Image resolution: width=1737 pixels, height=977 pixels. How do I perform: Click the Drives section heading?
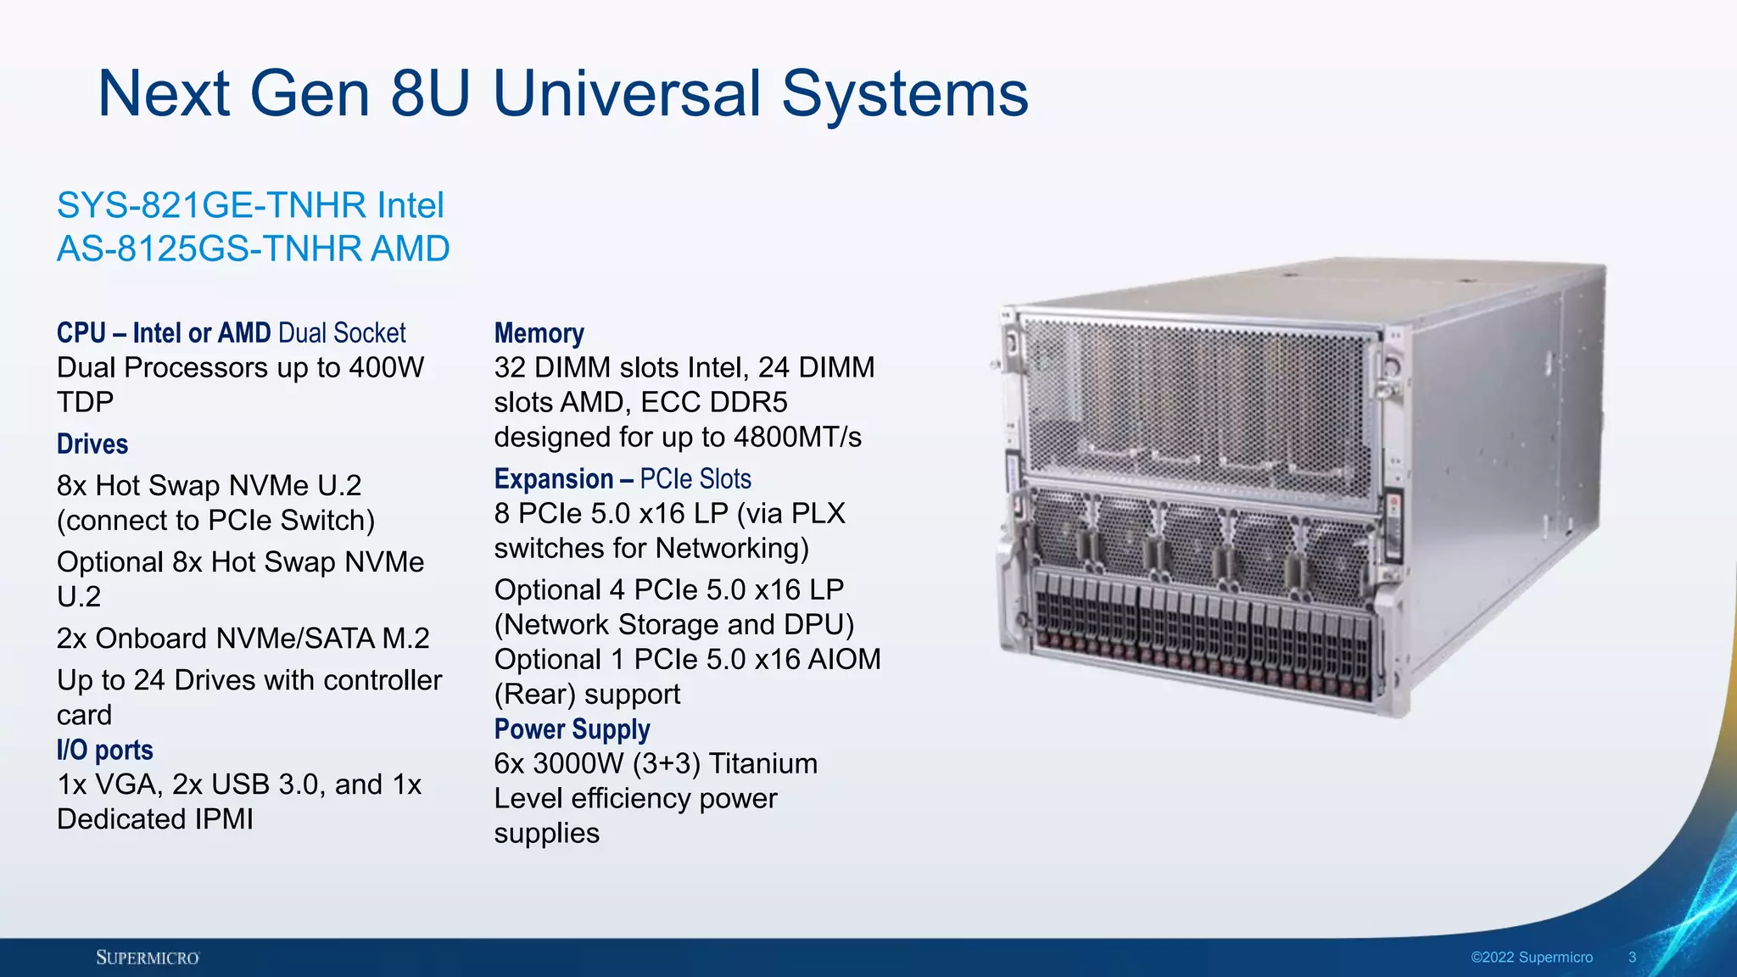92,444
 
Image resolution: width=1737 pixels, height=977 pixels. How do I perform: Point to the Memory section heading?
539,333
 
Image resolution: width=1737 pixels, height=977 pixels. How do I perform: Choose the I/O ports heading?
105,750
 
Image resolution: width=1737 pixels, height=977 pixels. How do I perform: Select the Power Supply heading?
572,729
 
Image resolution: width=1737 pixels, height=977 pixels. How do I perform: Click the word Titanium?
762,763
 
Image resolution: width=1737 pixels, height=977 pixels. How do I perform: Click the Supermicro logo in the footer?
148,957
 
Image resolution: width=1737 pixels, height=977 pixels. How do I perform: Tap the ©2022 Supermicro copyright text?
1531,957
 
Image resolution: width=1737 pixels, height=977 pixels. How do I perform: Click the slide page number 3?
1632,957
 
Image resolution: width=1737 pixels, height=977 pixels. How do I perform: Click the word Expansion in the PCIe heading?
554,479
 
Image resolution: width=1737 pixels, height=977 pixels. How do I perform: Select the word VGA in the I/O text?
126,784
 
